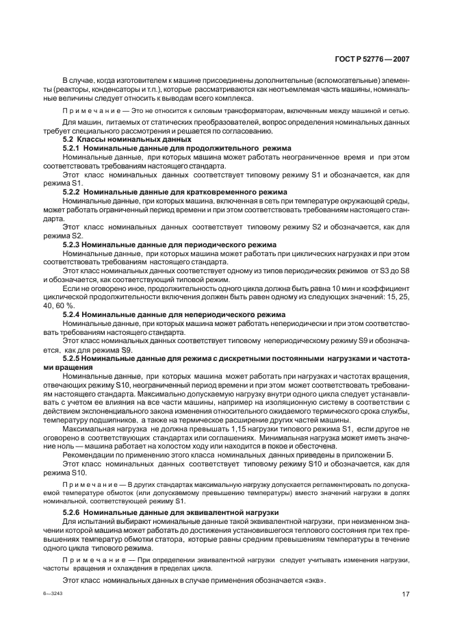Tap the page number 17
point(404,594)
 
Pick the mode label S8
point(404,271)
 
